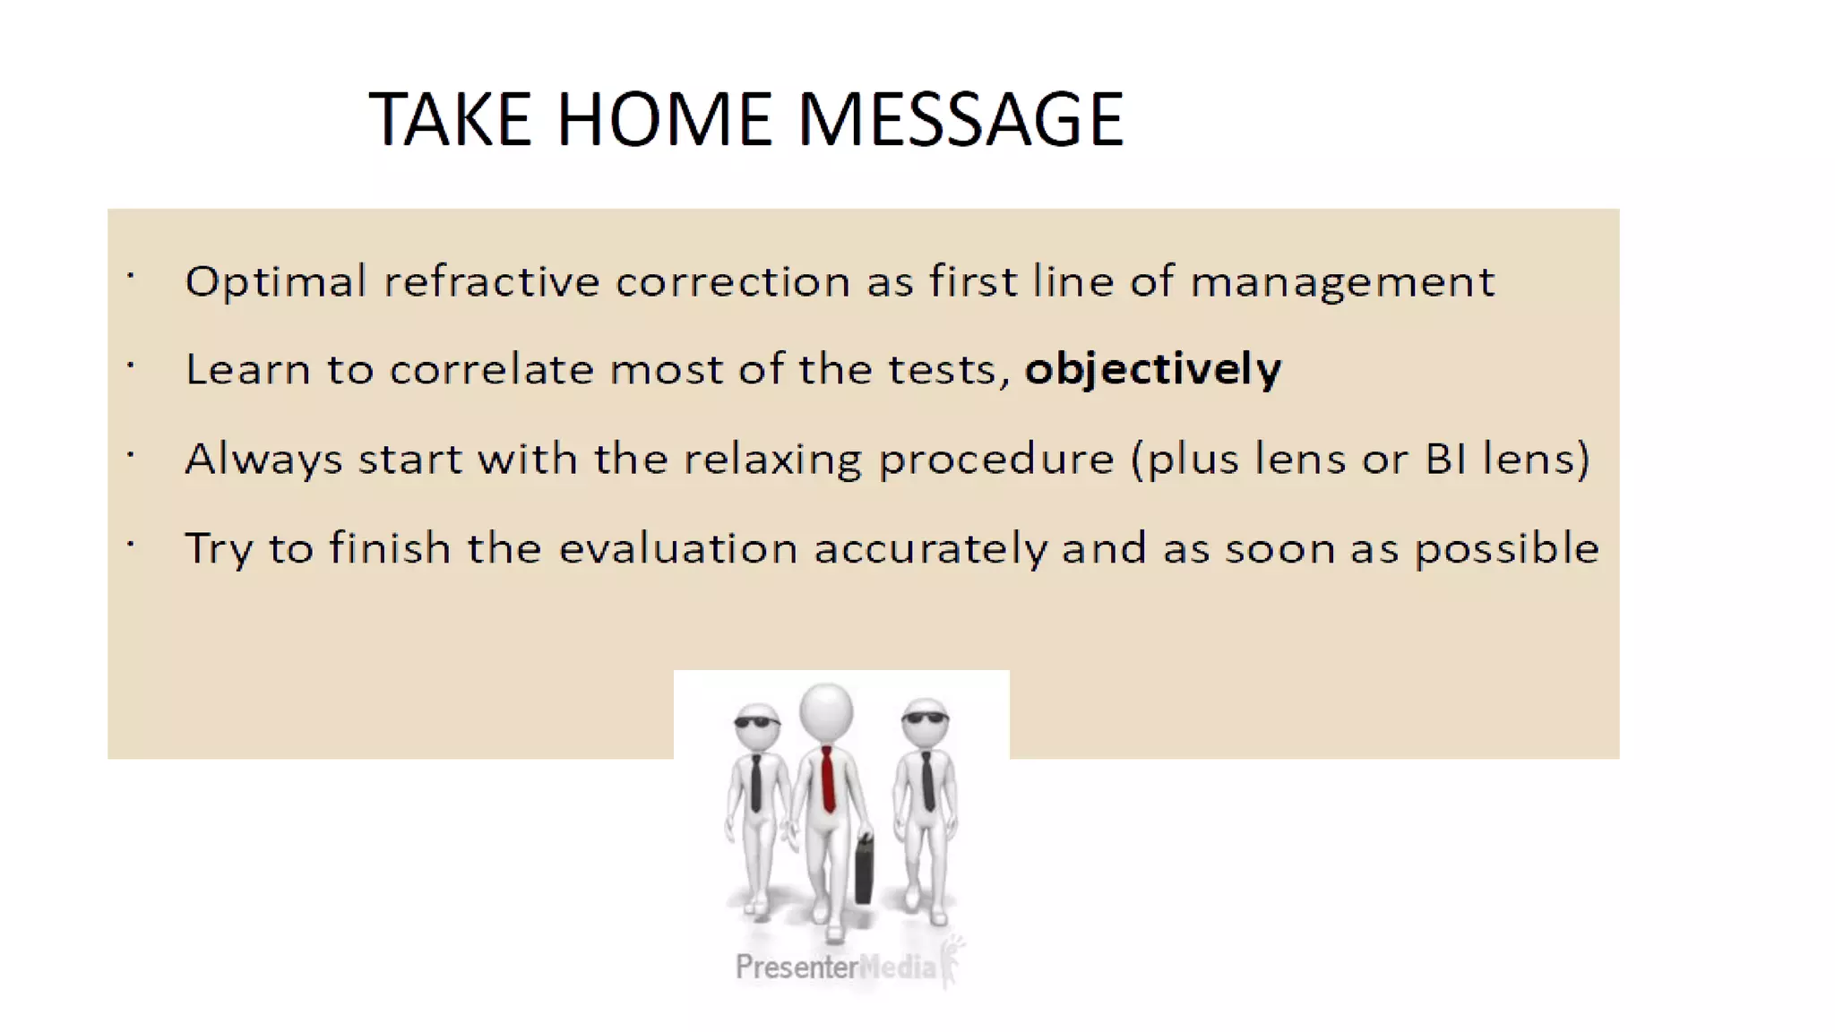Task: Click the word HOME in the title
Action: [x=663, y=119]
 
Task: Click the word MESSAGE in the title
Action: [x=960, y=119]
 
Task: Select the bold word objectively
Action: [x=1153, y=369]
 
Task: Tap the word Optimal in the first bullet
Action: [x=276, y=282]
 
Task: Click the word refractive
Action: [x=491, y=281]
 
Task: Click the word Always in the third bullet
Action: [x=263, y=460]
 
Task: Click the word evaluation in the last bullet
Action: [x=677, y=548]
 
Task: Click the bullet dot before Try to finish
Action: [x=131, y=543]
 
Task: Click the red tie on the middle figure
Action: [x=827, y=778]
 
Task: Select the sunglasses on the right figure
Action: [x=926, y=718]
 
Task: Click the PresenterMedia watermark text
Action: [x=835, y=967]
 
